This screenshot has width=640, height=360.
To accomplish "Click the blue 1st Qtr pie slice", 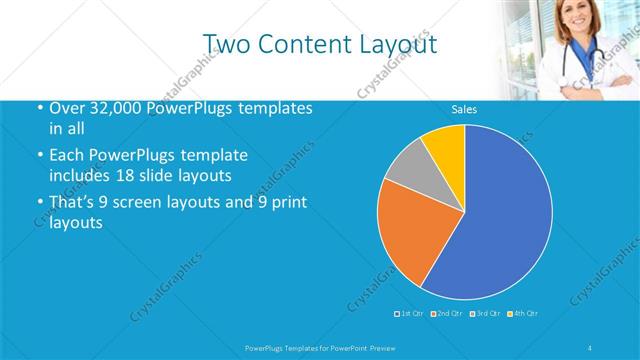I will coord(500,220).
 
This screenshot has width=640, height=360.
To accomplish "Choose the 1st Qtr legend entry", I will coord(412,315).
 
